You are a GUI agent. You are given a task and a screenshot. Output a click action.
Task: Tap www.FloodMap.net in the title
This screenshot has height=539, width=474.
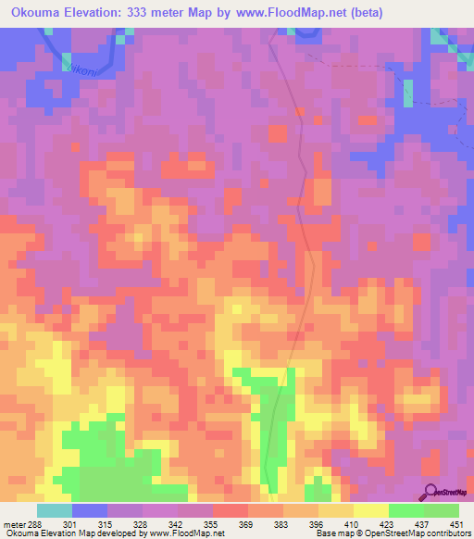pos(282,13)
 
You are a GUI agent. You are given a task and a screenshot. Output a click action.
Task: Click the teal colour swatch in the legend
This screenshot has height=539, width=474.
pos(55,510)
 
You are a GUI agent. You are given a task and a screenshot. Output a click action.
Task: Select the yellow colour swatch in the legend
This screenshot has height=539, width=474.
pos(371,510)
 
